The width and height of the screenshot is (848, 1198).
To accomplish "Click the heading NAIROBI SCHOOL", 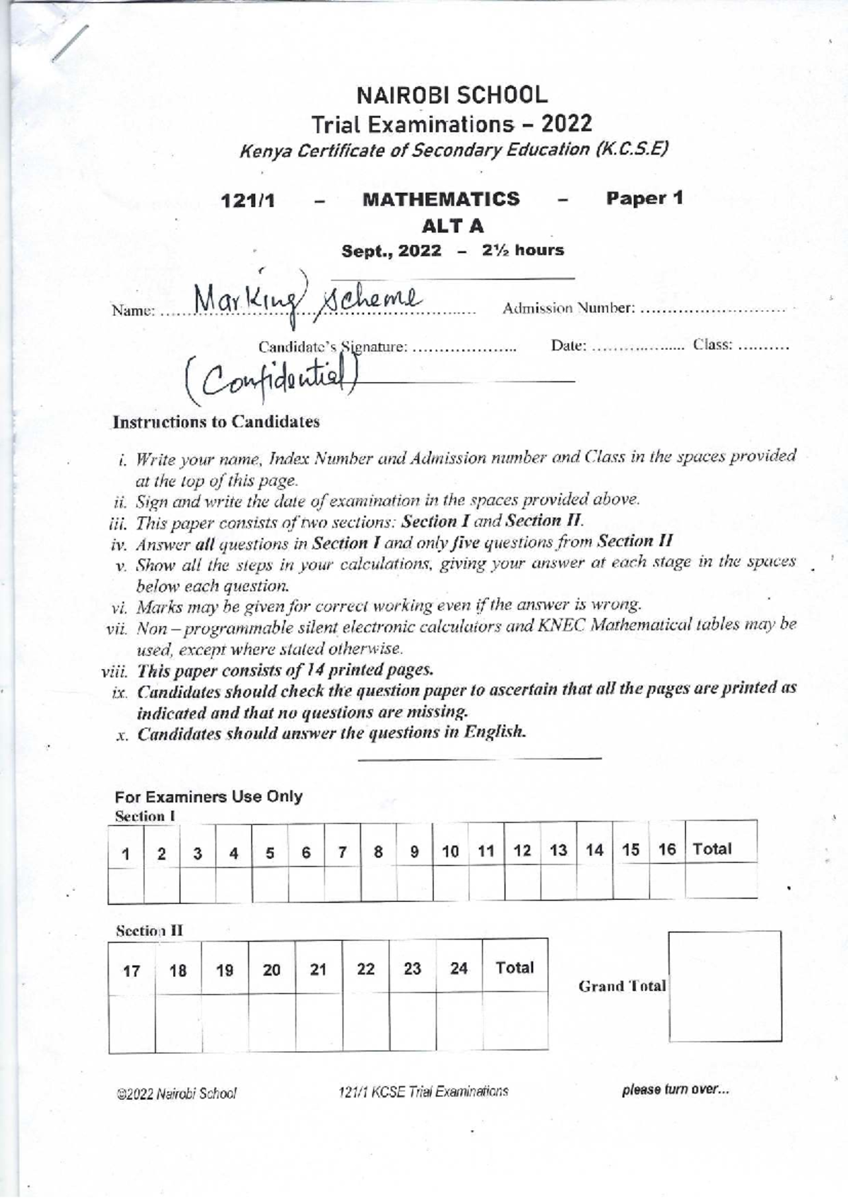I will pyautogui.click(x=452, y=95).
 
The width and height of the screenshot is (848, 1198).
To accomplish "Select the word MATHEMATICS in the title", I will pyautogui.click(x=440, y=199).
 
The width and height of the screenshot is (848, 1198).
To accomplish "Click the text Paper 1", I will pyautogui.click(x=644, y=198).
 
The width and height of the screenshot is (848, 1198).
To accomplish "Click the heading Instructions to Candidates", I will pyautogui.click(x=216, y=422).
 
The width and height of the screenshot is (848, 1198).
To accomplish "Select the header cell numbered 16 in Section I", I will pyautogui.click(x=666, y=849).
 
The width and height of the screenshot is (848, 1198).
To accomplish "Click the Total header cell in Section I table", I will pyautogui.click(x=712, y=849).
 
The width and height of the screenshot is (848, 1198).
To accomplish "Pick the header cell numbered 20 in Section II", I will pyautogui.click(x=271, y=970).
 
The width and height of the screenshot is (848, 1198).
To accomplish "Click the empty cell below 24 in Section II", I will pyautogui.click(x=459, y=1021).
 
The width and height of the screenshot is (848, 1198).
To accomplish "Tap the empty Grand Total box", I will pyautogui.click(x=725, y=986).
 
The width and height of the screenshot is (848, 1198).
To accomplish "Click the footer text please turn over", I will pyautogui.click(x=675, y=1090).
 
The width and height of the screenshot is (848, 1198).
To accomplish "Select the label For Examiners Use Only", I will pyautogui.click(x=208, y=797).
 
